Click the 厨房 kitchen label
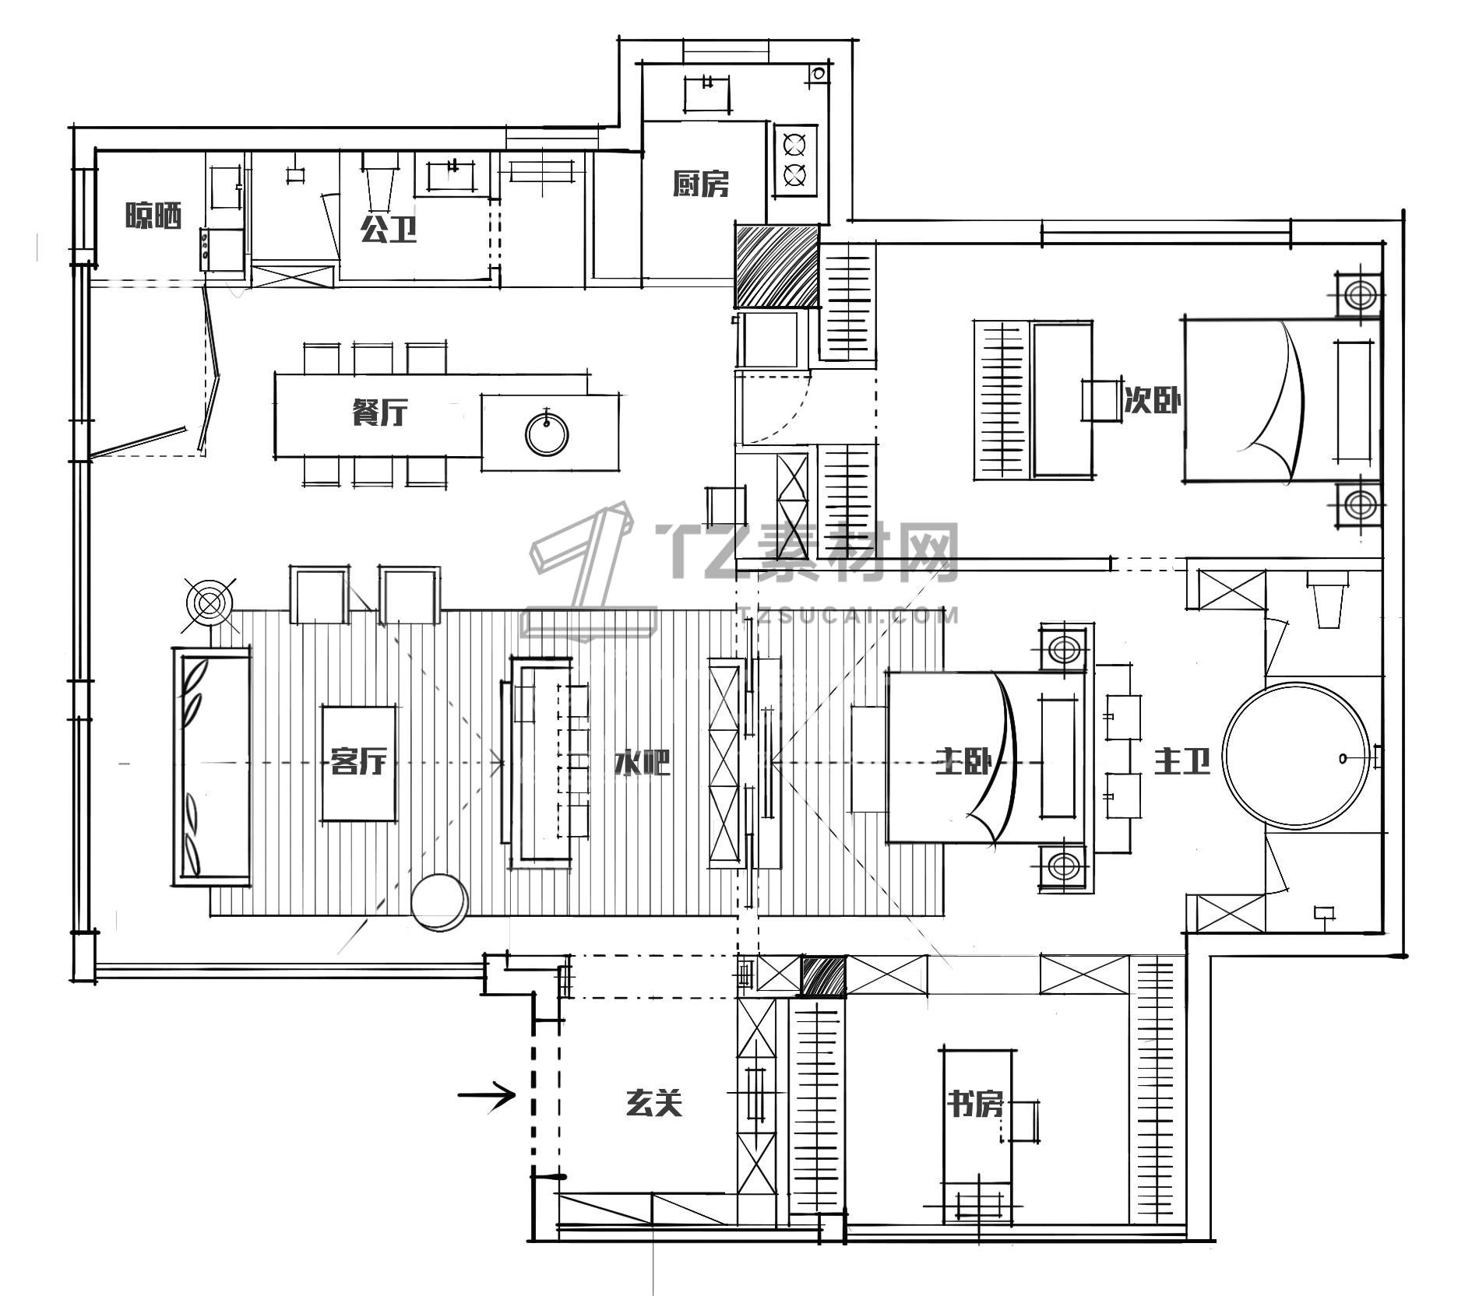(x=700, y=184)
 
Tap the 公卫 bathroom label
(x=388, y=229)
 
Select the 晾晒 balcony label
(x=153, y=216)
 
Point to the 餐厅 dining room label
(x=379, y=412)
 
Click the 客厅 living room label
(x=358, y=760)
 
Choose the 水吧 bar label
(x=642, y=762)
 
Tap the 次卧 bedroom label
(x=1152, y=401)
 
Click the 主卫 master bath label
(x=1181, y=761)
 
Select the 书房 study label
(x=974, y=1103)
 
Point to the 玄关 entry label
(x=654, y=1103)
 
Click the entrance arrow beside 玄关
(x=486, y=1095)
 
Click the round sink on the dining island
(x=547, y=433)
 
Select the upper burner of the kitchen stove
(x=794, y=145)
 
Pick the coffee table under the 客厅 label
(x=358, y=763)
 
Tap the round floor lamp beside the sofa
(x=209, y=603)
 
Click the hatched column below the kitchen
(x=776, y=266)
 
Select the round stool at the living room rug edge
(x=439, y=902)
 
